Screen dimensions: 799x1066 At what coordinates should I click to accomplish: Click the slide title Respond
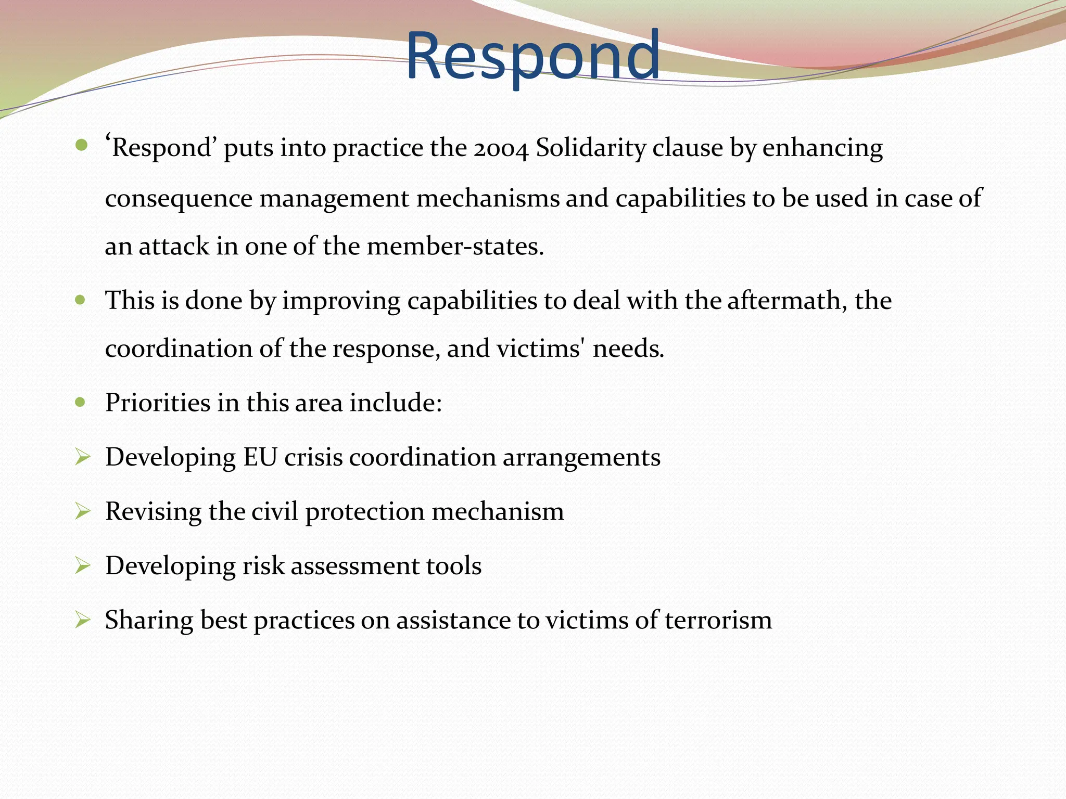pyautogui.click(x=532, y=56)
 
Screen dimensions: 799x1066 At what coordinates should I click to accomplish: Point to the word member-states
pyautogui.click(x=455, y=247)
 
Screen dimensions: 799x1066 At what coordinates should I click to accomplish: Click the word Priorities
pyautogui.click(x=157, y=403)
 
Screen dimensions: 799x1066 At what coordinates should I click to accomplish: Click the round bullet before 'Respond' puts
pyautogui.click(x=81, y=145)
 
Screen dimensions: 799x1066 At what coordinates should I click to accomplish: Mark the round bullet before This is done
pyautogui.click(x=80, y=300)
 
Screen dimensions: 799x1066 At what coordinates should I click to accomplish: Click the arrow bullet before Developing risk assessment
pyautogui.click(x=82, y=565)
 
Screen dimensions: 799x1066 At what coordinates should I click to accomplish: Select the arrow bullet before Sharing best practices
pyautogui.click(x=82, y=619)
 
